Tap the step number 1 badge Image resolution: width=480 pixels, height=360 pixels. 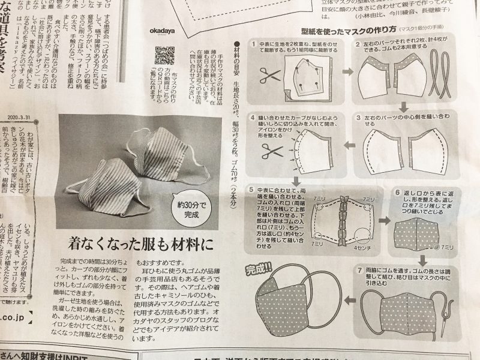click(254, 45)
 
